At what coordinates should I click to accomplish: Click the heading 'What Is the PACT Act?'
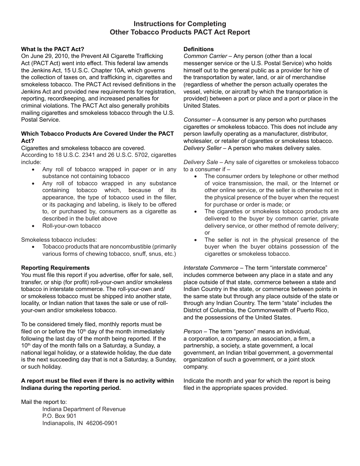53,49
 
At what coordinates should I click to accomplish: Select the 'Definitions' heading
199,49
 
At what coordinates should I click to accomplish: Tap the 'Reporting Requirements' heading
55,268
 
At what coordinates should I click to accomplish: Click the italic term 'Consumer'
197,120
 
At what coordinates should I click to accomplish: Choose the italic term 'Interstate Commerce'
211,268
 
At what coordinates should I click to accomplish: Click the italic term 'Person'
193,332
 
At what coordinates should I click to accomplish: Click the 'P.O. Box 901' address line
59,416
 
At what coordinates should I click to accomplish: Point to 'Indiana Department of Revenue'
84,409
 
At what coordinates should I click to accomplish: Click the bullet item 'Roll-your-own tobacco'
72,226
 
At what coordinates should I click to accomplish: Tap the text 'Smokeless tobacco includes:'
59,240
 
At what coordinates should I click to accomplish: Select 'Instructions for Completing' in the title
180,24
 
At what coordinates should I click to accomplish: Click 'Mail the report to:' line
44,402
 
